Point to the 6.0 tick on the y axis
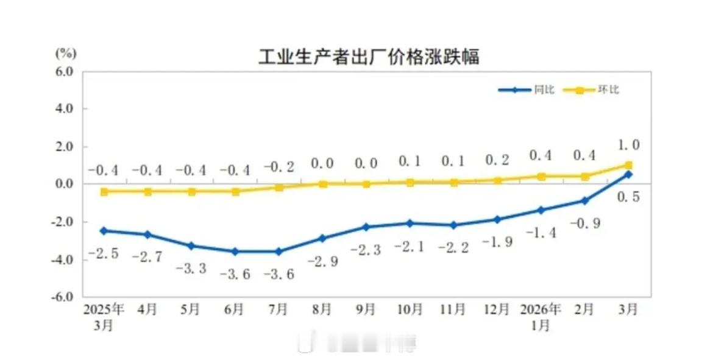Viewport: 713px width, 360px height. pyautogui.click(x=65, y=71)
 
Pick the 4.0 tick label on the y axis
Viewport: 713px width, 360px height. pyautogui.click(x=65, y=109)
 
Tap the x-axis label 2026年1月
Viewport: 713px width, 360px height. pyautogui.click(x=541, y=316)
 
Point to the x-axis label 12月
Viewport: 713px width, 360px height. pyautogui.click(x=497, y=309)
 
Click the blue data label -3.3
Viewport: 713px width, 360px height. pyautogui.click(x=191, y=267)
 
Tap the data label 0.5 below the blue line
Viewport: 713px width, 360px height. pyautogui.click(x=628, y=197)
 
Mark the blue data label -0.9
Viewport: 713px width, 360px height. pyautogui.click(x=585, y=224)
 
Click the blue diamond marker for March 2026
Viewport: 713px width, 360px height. pyautogui.click(x=628, y=174)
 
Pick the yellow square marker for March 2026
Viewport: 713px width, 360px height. pyautogui.click(x=628, y=165)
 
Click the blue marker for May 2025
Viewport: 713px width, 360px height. pyautogui.click(x=191, y=245)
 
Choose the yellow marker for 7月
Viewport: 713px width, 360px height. pyautogui.click(x=279, y=187)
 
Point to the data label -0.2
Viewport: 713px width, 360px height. pyautogui.click(x=279, y=166)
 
